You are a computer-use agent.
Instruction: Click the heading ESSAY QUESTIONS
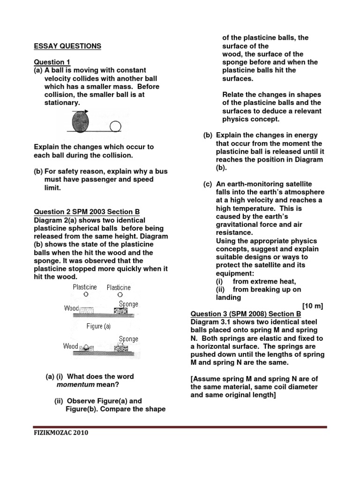point(67,46)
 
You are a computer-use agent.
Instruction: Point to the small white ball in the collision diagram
point(115,126)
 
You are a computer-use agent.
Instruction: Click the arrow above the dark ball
point(81,111)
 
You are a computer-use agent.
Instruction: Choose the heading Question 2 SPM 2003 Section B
point(86,212)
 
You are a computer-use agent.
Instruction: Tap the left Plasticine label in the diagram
point(85,287)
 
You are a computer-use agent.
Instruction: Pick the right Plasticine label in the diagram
point(119,287)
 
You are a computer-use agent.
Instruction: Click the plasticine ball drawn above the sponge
point(120,295)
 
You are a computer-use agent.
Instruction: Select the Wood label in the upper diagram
point(71,308)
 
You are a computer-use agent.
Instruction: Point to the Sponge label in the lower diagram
point(128,338)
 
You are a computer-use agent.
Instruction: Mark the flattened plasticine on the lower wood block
point(87,347)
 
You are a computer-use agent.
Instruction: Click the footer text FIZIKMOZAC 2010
point(60,433)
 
